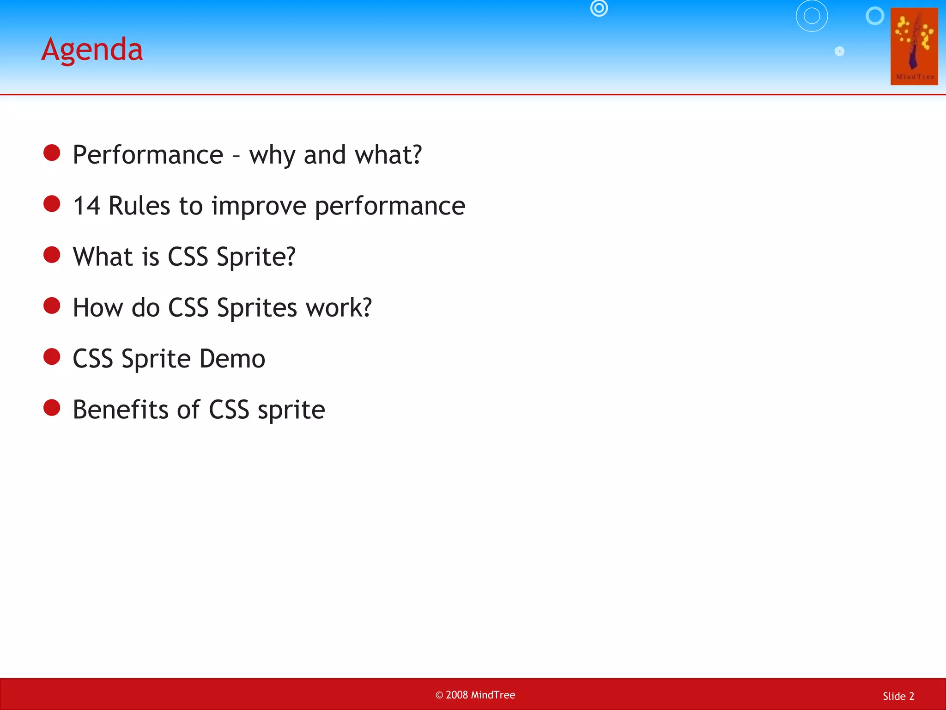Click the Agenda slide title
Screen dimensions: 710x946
click(x=92, y=49)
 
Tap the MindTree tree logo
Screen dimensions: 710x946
click(x=914, y=46)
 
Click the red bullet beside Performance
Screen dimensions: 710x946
click(x=52, y=153)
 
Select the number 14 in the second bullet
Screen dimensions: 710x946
click(x=86, y=206)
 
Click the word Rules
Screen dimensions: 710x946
click(x=139, y=206)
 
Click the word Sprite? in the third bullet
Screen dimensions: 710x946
click(x=256, y=257)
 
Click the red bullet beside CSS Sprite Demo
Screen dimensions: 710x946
click(x=52, y=357)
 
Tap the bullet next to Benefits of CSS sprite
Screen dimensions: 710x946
click(x=52, y=408)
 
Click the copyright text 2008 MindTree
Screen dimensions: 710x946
click(x=475, y=695)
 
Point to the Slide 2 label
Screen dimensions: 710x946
click(x=898, y=696)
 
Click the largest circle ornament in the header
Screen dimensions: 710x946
click(x=812, y=16)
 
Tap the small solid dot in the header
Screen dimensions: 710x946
click(x=839, y=51)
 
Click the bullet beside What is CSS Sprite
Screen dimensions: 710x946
click(x=52, y=255)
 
